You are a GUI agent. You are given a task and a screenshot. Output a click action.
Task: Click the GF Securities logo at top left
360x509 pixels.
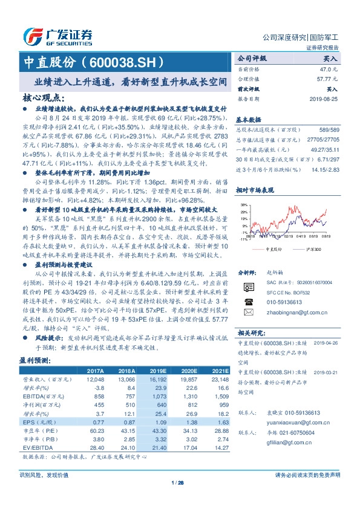point(57,36)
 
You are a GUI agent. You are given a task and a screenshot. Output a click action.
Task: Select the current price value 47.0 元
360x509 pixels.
point(327,70)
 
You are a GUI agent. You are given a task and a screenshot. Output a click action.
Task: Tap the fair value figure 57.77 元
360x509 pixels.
point(326,79)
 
